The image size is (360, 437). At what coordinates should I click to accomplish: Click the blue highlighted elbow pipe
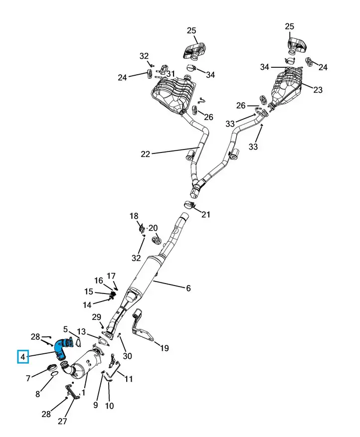(x=60, y=348)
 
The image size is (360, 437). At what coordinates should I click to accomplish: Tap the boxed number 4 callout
(x=23, y=357)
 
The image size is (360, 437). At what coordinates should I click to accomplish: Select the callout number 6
(x=188, y=288)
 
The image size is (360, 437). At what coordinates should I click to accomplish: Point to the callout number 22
(x=146, y=154)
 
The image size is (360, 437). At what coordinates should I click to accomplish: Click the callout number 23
(x=318, y=90)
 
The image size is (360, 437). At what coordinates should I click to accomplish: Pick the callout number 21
(x=205, y=214)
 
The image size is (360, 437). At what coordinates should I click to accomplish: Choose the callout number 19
(x=164, y=348)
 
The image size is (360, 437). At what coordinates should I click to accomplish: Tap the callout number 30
(x=127, y=356)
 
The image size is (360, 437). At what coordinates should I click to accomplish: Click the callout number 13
(x=81, y=331)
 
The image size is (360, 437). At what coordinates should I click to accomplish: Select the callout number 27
(x=62, y=421)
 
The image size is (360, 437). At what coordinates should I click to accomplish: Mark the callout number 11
(x=128, y=379)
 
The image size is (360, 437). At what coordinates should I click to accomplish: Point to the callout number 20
(x=153, y=228)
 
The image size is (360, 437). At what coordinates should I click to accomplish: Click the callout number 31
(x=171, y=74)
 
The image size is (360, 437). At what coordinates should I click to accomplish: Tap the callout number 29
(x=97, y=317)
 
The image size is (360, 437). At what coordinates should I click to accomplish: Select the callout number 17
(x=111, y=276)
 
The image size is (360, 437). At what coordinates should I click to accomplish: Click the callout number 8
(x=37, y=394)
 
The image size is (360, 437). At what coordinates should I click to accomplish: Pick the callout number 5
(x=65, y=329)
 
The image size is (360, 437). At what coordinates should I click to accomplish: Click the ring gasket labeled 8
(x=55, y=373)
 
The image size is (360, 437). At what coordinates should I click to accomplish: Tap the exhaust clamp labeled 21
(x=190, y=205)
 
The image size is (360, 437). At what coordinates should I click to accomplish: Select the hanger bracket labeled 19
(x=142, y=326)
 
